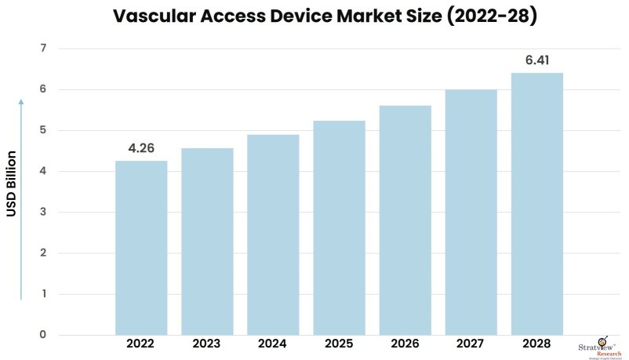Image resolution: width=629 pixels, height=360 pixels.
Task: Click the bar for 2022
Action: pos(141,248)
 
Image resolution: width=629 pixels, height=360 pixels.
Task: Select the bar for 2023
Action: pos(207,242)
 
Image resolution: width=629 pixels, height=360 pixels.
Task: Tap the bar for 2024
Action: pos(273,235)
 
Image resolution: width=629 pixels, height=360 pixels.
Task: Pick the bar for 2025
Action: pos(339,227)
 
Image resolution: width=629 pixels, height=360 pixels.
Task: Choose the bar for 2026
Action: pos(405,220)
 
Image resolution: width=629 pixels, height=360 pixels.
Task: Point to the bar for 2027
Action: pos(471,212)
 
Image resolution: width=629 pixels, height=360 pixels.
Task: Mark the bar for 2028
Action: pos(537,204)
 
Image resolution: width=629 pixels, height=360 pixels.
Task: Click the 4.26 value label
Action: pos(141,147)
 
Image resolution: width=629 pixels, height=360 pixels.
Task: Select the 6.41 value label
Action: pos(537,59)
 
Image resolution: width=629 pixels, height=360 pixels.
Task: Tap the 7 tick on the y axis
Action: pos(42,49)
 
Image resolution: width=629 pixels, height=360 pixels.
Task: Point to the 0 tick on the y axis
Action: pos(42,335)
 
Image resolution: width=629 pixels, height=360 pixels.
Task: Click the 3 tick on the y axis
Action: pos(42,213)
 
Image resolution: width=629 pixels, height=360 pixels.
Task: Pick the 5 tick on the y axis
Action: pos(42,130)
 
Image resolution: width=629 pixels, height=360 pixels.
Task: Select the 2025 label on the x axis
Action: pos(339,344)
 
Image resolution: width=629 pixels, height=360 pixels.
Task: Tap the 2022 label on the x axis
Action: pos(141,344)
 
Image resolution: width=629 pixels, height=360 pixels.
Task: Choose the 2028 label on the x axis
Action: pos(537,344)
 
